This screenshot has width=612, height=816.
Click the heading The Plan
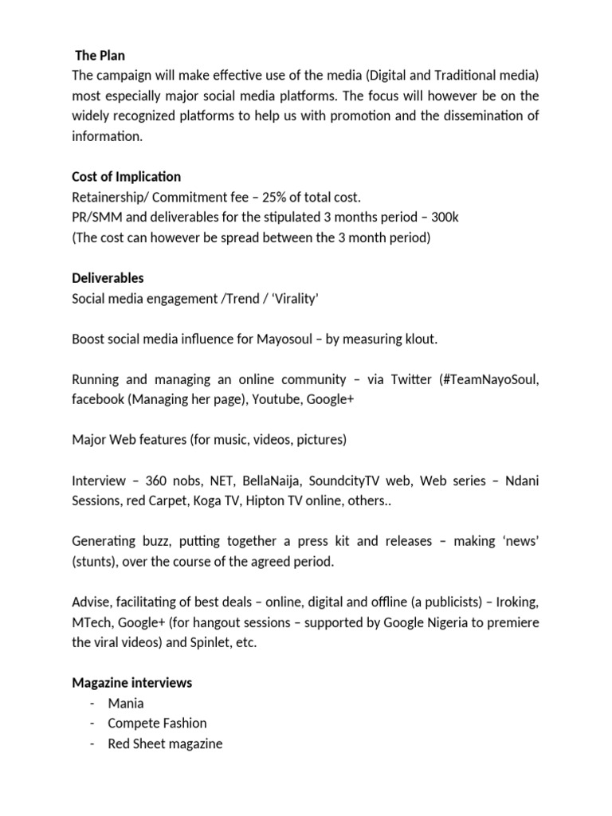click(100, 56)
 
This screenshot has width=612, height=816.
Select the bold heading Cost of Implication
click(126, 176)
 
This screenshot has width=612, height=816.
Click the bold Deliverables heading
click(108, 278)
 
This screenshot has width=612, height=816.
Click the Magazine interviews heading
click(131, 683)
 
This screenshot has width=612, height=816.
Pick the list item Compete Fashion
click(157, 724)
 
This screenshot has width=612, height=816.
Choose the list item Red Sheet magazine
click(165, 743)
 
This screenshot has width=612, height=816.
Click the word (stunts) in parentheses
click(96, 562)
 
